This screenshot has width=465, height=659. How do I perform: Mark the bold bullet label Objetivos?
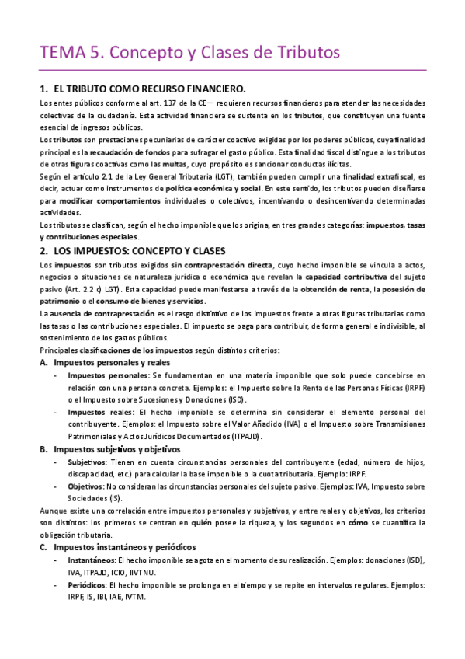[x=91, y=486]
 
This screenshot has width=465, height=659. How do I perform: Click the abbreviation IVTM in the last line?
[x=134, y=596]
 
